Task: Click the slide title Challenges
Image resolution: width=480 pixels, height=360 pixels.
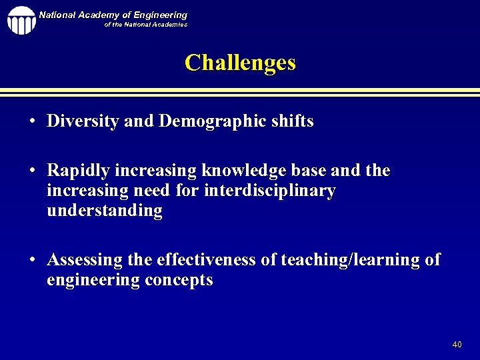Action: [240, 63]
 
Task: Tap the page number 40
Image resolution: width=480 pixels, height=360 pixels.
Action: [457, 345]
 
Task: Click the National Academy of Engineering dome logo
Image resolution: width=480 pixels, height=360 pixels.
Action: [21, 20]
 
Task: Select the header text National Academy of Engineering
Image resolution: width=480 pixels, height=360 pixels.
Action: [113, 15]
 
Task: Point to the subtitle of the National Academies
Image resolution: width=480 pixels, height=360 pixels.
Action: [145, 25]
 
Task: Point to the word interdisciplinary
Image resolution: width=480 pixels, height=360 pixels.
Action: [270, 191]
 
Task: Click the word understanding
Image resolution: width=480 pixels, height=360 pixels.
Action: [105, 211]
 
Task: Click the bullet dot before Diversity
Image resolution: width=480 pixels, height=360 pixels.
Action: [32, 122]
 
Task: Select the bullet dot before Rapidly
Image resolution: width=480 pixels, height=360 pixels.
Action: [32, 171]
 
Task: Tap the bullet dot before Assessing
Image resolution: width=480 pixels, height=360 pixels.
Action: [32, 260]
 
